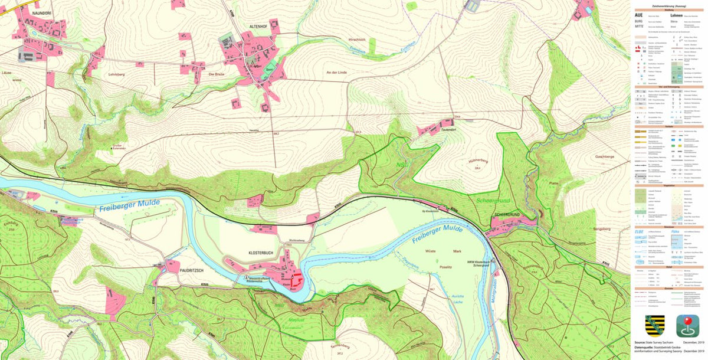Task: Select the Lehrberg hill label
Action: pos(118,74)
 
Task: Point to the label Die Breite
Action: pos(218,74)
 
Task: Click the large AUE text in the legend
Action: pos(638,15)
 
